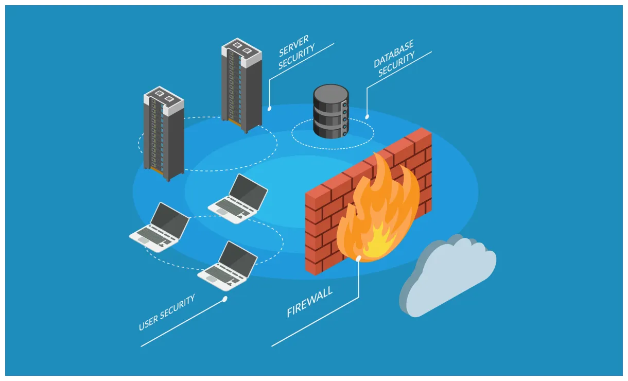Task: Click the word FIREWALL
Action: (310, 302)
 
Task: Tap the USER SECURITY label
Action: (167, 312)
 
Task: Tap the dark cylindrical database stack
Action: (331, 112)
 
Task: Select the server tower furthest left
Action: (163, 134)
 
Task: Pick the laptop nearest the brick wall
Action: (238, 199)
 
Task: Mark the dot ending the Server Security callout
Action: (269, 109)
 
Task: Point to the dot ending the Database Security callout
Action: (367, 117)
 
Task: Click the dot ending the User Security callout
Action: (225, 299)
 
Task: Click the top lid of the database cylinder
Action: (331, 92)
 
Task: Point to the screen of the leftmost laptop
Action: (170, 217)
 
